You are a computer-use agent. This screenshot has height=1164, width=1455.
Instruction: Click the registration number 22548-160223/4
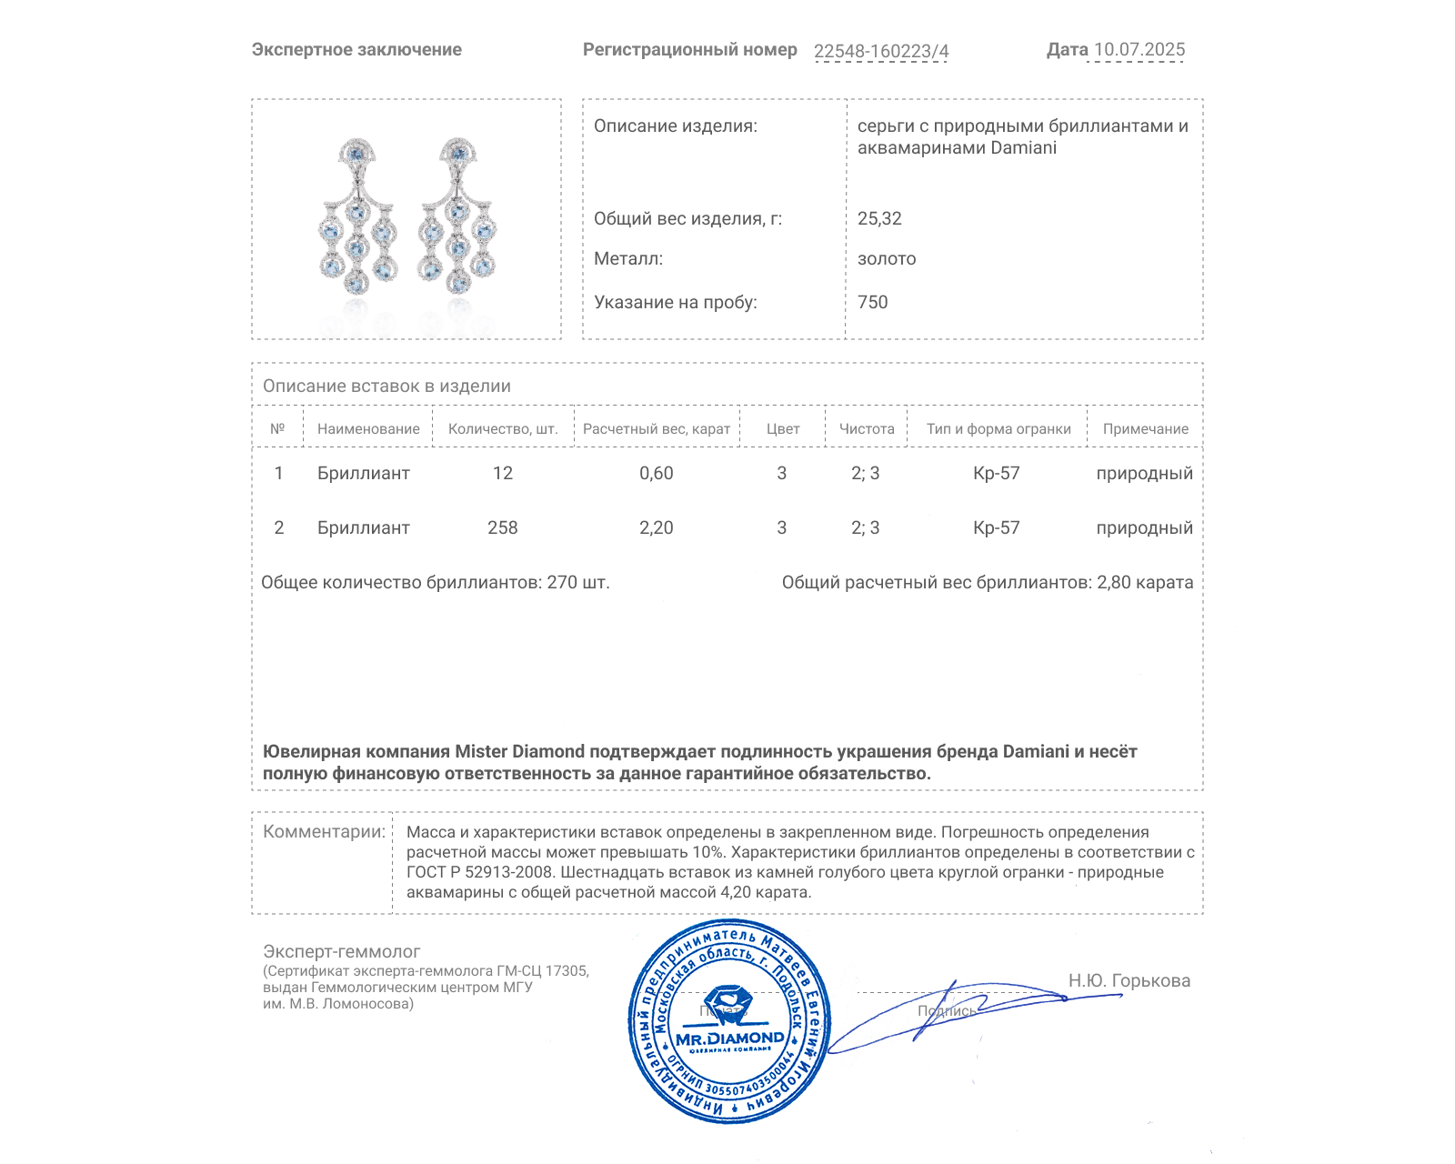(x=880, y=51)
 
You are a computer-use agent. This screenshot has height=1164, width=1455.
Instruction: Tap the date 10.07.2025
(x=1139, y=50)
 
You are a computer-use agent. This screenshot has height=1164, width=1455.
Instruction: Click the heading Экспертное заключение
(x=356, y=50)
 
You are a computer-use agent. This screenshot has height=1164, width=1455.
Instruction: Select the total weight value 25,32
(x=879, y=218)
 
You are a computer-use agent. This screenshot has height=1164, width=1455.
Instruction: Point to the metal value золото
(x=887, y=258)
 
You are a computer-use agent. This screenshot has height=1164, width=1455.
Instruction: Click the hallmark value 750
(x=872, y=302)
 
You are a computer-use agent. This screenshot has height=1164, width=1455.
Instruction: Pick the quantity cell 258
(x=502, y=527)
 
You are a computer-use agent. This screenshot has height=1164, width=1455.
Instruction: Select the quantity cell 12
(x=502, y=473)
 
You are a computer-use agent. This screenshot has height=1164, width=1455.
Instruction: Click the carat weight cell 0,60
(x=656, y=473)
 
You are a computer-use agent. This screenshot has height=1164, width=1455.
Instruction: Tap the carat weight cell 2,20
(x=656, y=527)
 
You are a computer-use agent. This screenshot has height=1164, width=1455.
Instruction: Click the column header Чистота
(x=866, y=428)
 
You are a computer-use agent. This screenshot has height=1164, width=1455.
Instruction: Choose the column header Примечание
(x=1145, y=428)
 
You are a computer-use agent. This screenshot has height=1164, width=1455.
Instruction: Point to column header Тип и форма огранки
(x=998, y=428)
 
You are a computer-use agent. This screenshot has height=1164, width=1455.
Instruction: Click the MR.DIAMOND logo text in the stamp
(x=729, y=1038)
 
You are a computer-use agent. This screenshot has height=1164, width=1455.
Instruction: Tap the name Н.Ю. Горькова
(x=1129, y=980)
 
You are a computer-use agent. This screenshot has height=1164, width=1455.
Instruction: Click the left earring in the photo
(x=357, y=218)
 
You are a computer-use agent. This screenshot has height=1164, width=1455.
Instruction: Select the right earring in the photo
(x=457, y=218)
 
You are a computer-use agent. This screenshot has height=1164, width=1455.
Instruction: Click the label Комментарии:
(x=324, y=831)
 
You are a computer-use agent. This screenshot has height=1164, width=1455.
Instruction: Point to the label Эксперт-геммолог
(x=341, y=951)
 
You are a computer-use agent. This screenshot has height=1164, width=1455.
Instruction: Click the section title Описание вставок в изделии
(x=386, y=386)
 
